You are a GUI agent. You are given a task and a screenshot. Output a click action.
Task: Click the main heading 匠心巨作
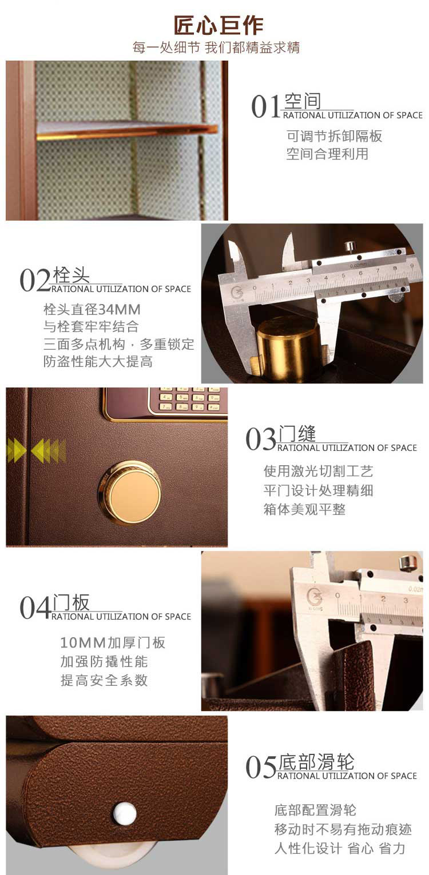point(219,25)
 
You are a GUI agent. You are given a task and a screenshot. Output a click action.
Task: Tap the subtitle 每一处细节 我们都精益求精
point(216,47)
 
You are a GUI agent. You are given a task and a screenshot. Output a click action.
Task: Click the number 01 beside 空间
point(266,106)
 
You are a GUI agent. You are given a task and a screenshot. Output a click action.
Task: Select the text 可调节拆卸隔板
point(335,136)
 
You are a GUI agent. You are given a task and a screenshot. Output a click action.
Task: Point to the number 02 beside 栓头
point(35,281)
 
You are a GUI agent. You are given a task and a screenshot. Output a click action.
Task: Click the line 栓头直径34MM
point(92,309)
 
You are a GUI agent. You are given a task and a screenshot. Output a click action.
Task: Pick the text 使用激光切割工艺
point(319,471)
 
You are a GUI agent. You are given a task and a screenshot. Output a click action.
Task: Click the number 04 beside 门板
point(35,608)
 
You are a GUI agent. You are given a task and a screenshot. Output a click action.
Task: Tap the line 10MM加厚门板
point(113,642)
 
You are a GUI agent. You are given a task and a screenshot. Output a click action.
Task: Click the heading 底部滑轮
point(316,762)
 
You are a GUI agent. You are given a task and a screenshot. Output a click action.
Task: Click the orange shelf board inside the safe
point(126,130)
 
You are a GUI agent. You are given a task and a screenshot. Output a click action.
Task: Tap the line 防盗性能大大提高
point(98,361)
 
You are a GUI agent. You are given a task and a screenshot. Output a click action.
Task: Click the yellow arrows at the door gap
point(37,450)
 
